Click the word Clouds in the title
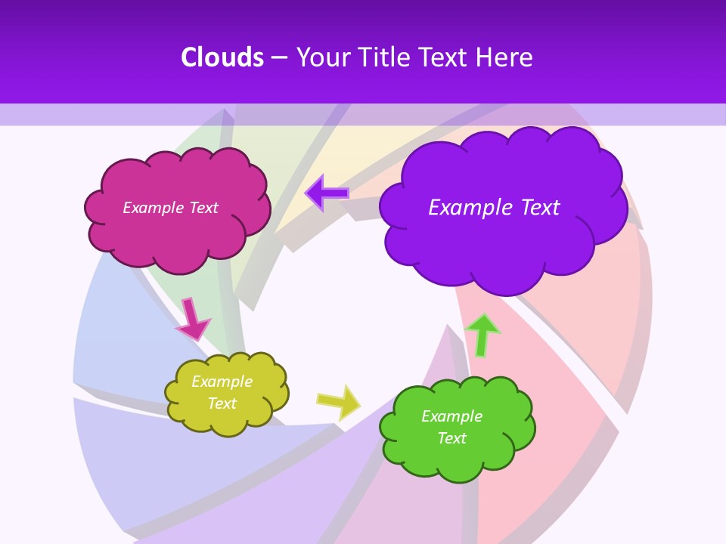[x=222, y=57]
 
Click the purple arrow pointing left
[x=327, y=193]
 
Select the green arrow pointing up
[x=482, y=334]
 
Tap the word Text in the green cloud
[x=451, y=438]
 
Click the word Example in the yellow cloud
[x=222, y=382]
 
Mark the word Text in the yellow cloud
[x=222, y=403]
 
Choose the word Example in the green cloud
[x=451, y=416]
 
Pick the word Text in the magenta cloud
[x=203, y=208]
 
